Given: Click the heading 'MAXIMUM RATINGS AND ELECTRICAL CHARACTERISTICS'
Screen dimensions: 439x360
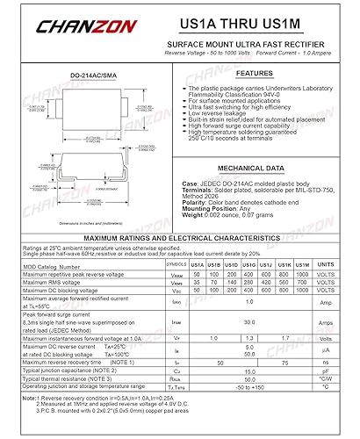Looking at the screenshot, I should (179, 238).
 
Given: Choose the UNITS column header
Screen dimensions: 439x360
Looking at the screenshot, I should (325, 263).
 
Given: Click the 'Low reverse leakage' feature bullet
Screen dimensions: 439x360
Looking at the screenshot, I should (226, 112).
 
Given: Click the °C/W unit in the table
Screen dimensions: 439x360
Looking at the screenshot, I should (325, 378).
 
